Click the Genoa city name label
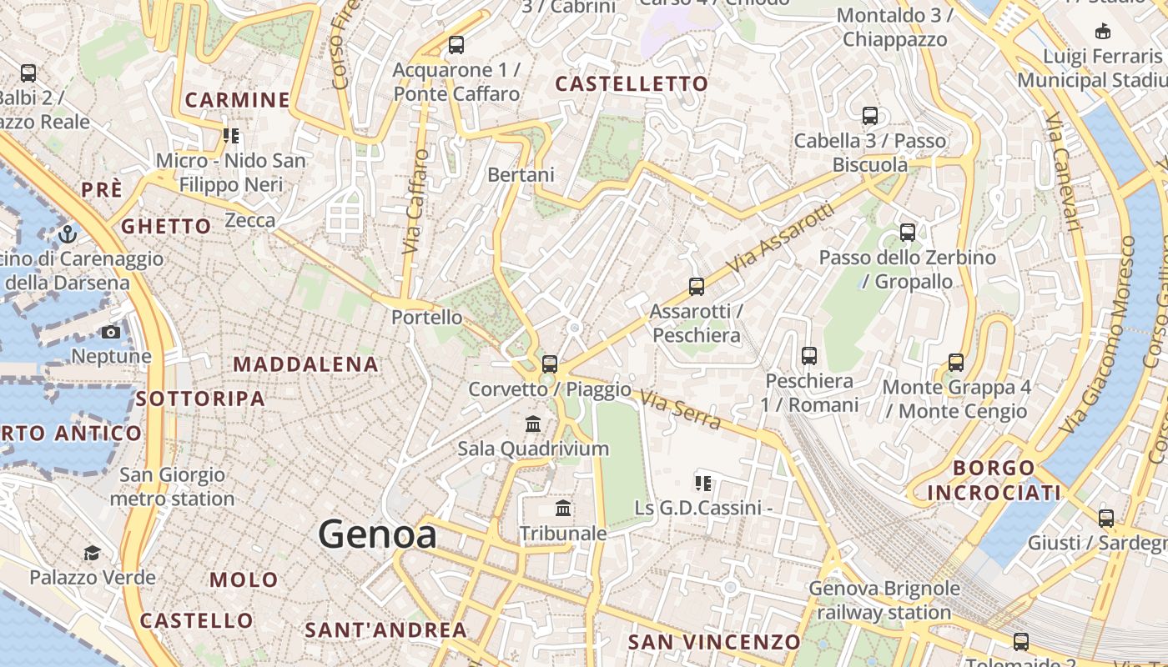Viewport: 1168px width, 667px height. [377, 534]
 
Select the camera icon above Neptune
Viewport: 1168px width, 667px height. [110, 332]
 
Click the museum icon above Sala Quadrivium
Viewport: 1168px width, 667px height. [533, 424]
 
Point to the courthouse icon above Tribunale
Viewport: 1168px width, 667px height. [563, 508]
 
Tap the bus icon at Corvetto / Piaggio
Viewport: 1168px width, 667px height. [549, 364]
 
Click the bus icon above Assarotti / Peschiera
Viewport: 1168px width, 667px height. [697, 287]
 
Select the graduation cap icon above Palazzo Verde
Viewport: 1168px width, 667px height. [92, 553]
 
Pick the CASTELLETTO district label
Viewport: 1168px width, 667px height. [632, 84]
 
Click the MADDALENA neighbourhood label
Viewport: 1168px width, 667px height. [305, 364]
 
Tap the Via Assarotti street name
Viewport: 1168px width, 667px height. [780, 238]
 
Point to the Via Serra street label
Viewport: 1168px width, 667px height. [680, 411]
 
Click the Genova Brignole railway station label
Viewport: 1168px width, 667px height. [884, 600]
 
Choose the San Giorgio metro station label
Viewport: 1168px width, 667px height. [172, 487]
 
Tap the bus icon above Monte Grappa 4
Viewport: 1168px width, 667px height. [956, 363]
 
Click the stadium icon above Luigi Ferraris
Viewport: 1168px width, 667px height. [1103, 32]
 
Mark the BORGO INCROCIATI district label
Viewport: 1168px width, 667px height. [994, 480]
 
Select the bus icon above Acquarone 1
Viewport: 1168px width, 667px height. [456, 45]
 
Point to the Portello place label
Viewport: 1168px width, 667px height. [427, 317]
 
